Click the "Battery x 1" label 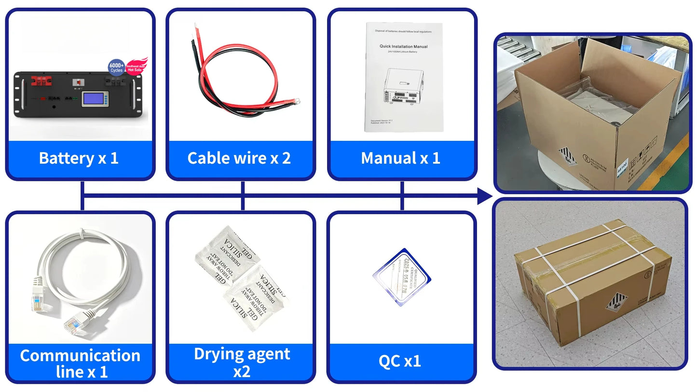tap(79, 158)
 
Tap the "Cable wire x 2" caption tap(239, 158)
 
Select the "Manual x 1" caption tap(400, 158)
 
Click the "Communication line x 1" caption tap(80, 363)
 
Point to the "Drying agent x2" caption tap(242, 362)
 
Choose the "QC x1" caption tap(400, 361)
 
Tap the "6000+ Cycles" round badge tap(116, 68)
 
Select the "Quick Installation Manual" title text tap(403, 47)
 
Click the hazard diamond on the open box tap(568, 156)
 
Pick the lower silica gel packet tap(256, 297)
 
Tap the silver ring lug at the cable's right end tap(298, 101)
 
